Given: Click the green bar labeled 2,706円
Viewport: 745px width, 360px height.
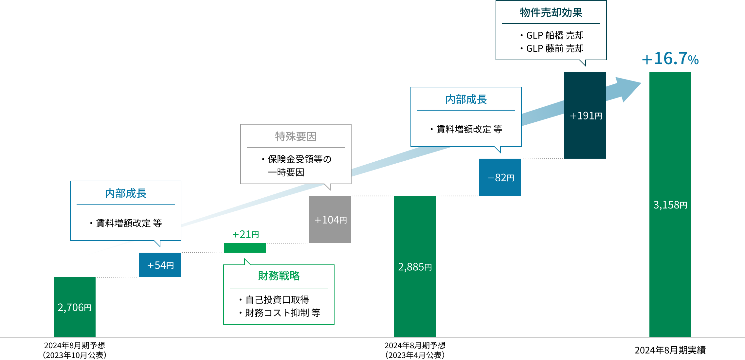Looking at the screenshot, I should [x=75, y=307].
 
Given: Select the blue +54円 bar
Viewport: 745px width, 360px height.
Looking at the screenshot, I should [x=160, y=265].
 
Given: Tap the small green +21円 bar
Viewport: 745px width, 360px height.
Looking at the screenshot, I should [x=245, y=248].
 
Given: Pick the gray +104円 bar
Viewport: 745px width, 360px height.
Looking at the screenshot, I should [x=330, y=219].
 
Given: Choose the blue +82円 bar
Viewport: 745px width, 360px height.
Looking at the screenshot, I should [x=500, y=177].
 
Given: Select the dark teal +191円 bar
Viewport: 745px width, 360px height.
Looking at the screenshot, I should [x=585, y=115].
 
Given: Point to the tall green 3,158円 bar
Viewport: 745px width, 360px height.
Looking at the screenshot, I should [x=670, y=204].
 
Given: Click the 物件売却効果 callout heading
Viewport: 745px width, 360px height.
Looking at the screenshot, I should [x=551, y=13].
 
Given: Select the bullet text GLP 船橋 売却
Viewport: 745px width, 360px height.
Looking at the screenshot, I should [x=555, y=35].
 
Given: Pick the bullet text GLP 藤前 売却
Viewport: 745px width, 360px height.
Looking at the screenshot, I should [x=555, y=48].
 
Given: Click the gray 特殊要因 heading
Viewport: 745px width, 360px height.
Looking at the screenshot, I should [x=296, y=136].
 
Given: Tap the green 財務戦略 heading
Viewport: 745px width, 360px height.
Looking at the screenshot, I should [x=279, y=276].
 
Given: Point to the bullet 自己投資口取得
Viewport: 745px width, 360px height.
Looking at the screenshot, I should [x=277, y=299].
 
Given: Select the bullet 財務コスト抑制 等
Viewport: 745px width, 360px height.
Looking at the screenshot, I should [x=282, y=313].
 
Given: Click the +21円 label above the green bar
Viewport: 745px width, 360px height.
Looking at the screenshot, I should [x=245, y=234].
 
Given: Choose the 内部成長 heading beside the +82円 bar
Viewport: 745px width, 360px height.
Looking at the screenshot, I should [x=466, y=99].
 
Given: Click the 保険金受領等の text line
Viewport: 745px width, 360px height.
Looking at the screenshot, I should [x=299, y=159].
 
